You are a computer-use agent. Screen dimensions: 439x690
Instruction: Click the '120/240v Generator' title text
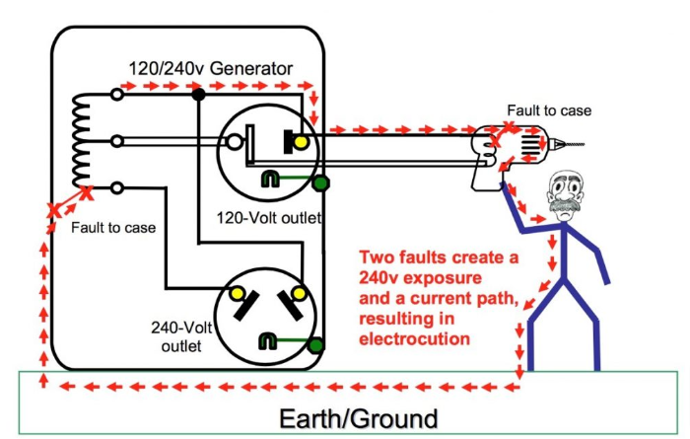pyautogui.click(x=211, y=69)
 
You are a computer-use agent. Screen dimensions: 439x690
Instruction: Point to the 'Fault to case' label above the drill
pyautogui.click(x=549, y=110)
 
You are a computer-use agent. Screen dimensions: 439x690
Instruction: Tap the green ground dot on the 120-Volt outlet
pyautogui.click(x=319, y=183)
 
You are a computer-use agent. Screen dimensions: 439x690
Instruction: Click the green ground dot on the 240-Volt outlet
pyautogui.click(x=314, y=345)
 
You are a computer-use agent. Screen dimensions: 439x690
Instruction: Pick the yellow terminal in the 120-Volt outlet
pyautogui.click(x=301, y=143)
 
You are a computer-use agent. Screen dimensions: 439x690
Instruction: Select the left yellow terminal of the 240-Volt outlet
pyautogui.click(x=237, y=294)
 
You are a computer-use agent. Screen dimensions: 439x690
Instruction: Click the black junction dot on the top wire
pyautogui.click(x=198, y=95)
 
